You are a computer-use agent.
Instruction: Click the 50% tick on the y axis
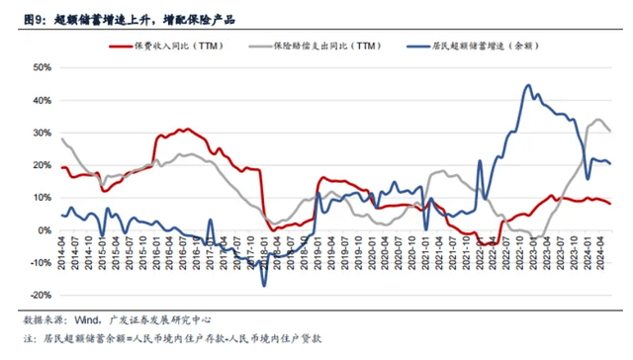[42, 68]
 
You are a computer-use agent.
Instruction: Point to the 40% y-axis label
[42, 101]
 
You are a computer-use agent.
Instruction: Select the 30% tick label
[42, 134]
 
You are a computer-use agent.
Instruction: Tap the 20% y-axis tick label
[42, 165]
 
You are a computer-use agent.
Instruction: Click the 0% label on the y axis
[45, 230]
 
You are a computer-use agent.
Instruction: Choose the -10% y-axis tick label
[40, 263]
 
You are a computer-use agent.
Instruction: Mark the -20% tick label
[40, 295]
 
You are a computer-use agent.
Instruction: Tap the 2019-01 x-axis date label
[320, 250]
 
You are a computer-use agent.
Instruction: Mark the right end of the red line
[610, 204]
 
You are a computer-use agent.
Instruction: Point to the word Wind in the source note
[95, 318]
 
